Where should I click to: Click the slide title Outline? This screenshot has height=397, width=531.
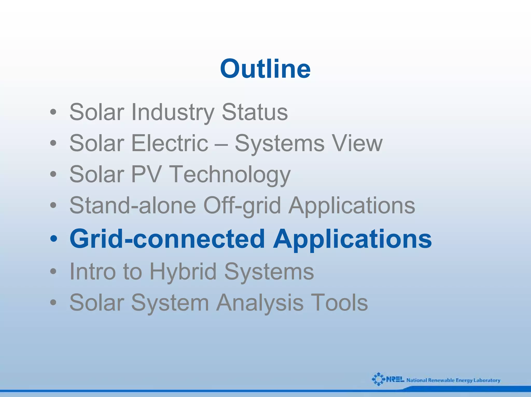265,69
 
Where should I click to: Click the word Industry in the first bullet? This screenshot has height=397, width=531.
173,112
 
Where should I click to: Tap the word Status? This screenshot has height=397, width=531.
255,112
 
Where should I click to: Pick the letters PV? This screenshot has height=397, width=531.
146,174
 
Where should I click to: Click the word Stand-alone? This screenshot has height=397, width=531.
132,205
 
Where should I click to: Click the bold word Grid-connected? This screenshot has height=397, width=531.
167,239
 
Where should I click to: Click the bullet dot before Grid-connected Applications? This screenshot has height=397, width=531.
53,239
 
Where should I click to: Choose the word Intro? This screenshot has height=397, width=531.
93,271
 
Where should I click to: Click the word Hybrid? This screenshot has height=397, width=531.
183,272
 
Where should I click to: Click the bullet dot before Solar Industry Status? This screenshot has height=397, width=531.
53,113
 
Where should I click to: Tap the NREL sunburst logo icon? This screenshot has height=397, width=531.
378,379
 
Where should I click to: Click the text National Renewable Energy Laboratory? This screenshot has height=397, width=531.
453,380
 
